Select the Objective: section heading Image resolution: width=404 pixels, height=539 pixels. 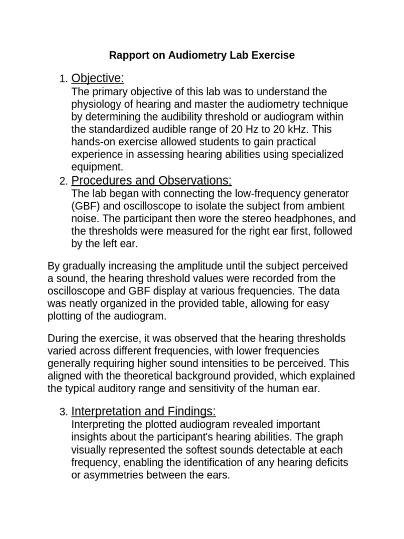click(97, 78)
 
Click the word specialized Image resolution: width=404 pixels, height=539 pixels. click(314, 155)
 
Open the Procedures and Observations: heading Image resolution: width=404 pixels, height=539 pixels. click(151, 181)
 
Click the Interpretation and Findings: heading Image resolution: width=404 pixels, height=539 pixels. click(144, 411)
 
